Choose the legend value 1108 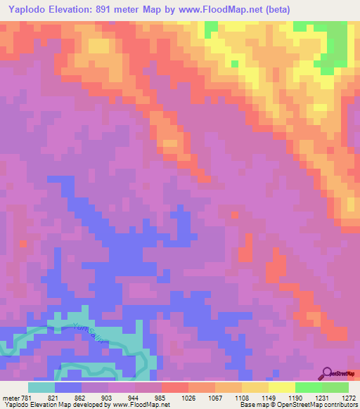pyautogui.click(x=243, y=398)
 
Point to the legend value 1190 pyautogui.click(x=296, y=398)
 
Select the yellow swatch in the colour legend pyautogui.click(x=281, y=387)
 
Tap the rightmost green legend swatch pyautogui.click(x=335, y=387)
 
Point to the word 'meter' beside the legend pyautogui.click(x=10, y=398)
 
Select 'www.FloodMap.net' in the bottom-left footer pyautogui.click(x=137, y=405)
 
